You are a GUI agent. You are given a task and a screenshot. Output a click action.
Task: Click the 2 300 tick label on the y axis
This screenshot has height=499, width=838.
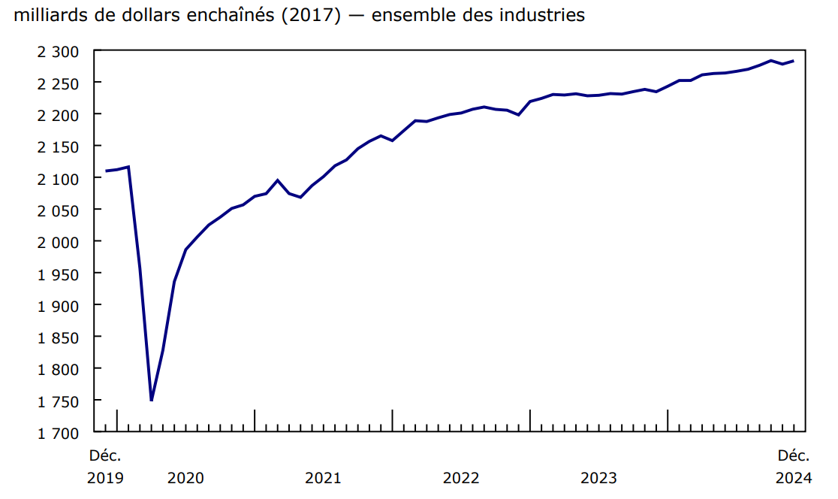pyautogui.click(x=58, y=51)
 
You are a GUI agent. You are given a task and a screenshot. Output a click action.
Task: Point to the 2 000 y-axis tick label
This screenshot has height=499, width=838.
pyautogui.click(x=58, y=242)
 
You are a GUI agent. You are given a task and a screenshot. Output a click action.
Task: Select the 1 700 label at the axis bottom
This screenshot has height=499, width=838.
pyautogui.click(x=58, y=433)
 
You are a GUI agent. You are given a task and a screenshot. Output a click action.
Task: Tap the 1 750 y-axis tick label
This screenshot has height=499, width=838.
pyautogui.click(x=58, y=401)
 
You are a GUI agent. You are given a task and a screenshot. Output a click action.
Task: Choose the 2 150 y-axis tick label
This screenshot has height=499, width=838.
pyautogui.click(x=58, y=147)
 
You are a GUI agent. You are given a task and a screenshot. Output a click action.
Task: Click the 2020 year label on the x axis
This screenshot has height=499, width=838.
pyautogui.click(x=185, y=478)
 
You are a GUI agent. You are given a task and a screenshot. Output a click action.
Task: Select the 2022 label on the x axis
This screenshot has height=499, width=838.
pyautogui.click(x=461, y=478)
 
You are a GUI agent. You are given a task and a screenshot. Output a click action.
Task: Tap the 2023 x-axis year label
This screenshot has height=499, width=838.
pyautogui.click(x=598, y=478)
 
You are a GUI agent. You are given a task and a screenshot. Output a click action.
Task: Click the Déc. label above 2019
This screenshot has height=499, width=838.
pyautogui.click(x=105, y=455)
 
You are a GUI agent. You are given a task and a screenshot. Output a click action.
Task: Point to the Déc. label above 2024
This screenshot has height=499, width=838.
pyautogui.click(x=794, y=455)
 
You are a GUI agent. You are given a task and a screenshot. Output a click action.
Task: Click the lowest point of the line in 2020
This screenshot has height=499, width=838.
pyautogui.click(x=152, y=401)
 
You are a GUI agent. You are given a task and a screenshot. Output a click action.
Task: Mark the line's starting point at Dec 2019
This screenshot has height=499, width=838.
pyautogui.click(x=106, y=171)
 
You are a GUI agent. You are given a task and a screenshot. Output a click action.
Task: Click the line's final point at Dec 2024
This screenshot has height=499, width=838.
pyautogui.click(x=794, y=61)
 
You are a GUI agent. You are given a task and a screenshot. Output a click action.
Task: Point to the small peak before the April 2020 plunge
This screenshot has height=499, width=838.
pyautogui.click(x=128, y=167)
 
